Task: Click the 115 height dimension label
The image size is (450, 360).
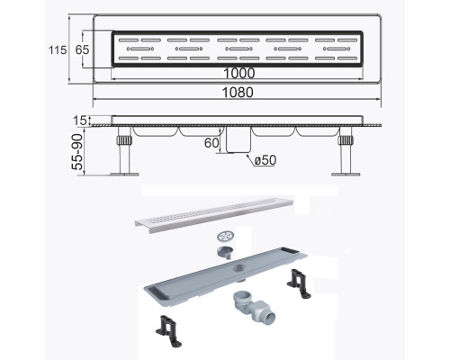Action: (x=58, y=49)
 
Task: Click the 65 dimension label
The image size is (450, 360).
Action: (x=82, y=49)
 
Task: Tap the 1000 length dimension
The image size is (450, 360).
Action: (x=239, y=73)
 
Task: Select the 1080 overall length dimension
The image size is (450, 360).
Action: (x=238, y=93)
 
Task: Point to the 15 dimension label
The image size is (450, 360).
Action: (x=80, y=121)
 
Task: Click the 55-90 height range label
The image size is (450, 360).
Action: (x=77, y=152)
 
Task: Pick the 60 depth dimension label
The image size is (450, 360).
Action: (x=211, y=143)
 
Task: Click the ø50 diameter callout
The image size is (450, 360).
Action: (x=265, y=160)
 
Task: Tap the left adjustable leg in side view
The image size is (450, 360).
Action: (x=124, y=149)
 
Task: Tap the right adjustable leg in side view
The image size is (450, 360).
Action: (x=346, y=149)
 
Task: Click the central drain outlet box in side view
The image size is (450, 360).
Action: (x=238, y=139)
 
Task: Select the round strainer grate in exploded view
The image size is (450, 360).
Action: (x=226, y=237)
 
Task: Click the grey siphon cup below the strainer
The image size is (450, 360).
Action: (x=226, y=252)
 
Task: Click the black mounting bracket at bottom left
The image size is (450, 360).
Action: (x=169, y=330)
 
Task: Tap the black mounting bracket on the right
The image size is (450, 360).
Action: (x=299, y=284)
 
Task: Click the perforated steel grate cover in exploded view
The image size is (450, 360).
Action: (x=214, y=214)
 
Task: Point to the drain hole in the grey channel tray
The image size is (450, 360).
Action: (x=238, y=268)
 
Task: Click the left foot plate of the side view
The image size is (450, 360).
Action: (x=124, y=174)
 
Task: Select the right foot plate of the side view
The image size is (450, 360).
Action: (x=346, y=174)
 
